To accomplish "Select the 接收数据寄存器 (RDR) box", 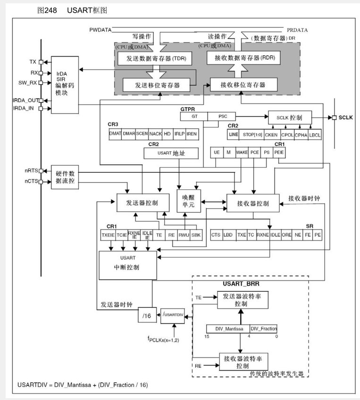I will click(x=241, y=59).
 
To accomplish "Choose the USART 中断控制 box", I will click(x=127, y=264).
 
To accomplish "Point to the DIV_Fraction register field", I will click(x=263, y=328).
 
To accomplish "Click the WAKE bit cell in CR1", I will click(x=242, y=153).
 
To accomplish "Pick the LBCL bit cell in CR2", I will click(x=315, y=135).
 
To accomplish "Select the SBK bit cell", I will click(x=196, y=234).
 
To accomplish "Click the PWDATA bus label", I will click(x=100, y=30).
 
